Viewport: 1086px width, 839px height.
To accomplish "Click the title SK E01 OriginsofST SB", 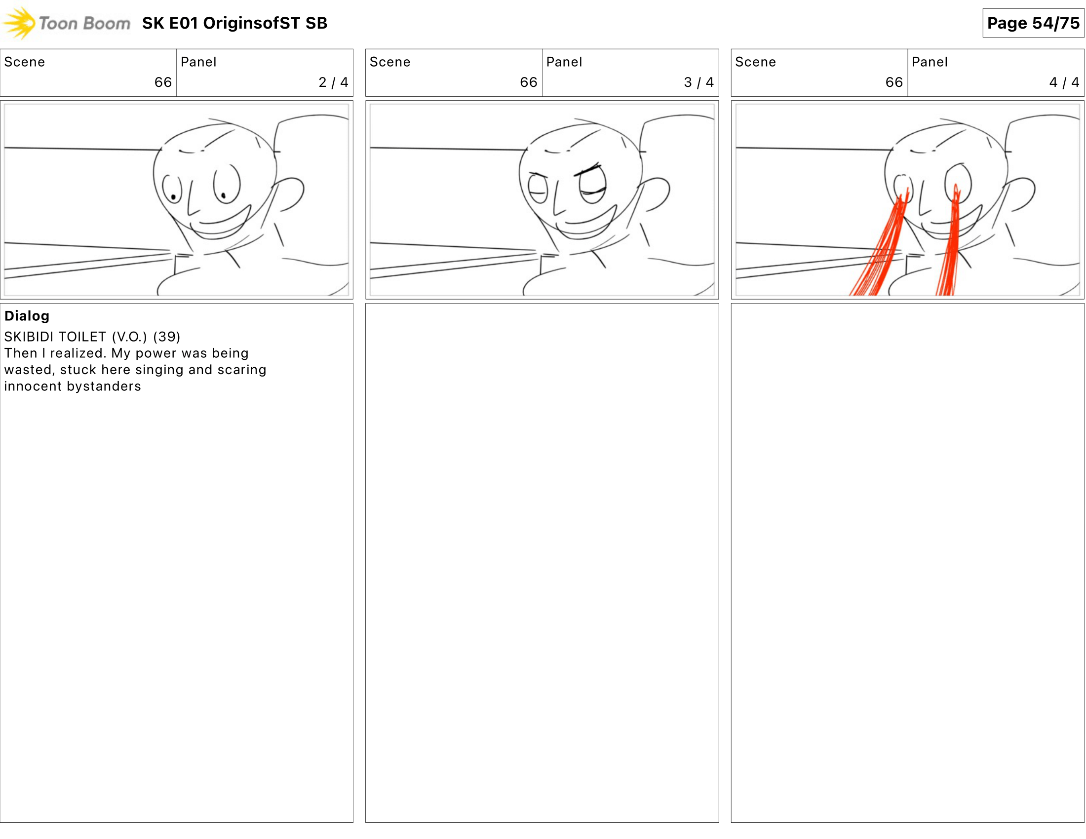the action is (x=234, y=23).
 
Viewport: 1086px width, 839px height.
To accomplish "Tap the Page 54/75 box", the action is (x=1033, y=23).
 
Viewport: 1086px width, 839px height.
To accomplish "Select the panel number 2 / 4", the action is (x=333, y=82).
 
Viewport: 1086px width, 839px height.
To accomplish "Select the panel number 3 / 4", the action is (x=698, y=82).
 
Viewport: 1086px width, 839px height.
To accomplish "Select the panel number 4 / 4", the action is (x=1064, y=82).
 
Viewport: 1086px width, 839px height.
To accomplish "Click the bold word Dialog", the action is (x=27, y=316).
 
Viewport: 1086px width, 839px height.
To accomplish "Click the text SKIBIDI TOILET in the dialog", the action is (x=55, y=337).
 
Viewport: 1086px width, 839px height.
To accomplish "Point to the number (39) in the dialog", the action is (x=166, y=337).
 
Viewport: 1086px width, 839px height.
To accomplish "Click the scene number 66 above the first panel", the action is (x=162, y=82).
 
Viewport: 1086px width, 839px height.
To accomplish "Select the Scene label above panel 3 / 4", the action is (x=390, y=62).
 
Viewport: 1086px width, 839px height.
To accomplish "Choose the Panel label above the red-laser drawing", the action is (x=930, y=62).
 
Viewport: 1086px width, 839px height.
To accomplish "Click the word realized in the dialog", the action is (x=78, y=353).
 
